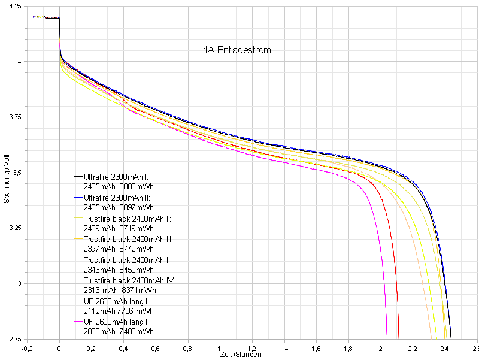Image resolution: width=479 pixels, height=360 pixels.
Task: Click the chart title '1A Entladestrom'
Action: (x=237, y=50)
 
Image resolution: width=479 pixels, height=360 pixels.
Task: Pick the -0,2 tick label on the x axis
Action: (x=27, y=347)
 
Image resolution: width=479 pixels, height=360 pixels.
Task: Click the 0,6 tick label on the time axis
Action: (x=156, y=347)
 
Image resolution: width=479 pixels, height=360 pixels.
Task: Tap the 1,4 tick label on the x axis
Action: (x=284, y=347)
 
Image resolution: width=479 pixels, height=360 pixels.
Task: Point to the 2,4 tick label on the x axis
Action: (x=445, y=347)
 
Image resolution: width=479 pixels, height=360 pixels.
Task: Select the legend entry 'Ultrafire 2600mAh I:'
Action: (x=116, y=177)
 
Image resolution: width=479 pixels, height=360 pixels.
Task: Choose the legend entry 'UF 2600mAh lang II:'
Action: (x=114, y=301)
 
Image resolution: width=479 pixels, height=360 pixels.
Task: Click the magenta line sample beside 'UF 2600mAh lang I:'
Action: (x=78, y=322)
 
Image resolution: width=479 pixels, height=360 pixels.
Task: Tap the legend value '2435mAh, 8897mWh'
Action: (x=119, y=208)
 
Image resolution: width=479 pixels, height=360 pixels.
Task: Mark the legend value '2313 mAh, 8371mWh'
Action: (x=119, y=291)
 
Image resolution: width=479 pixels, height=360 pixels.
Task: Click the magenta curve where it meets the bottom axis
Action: (x=387, y=338)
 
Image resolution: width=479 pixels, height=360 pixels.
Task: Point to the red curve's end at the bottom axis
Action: (x=399, y=338)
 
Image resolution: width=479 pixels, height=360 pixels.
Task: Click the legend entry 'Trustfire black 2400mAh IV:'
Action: (x=129, y=280)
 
